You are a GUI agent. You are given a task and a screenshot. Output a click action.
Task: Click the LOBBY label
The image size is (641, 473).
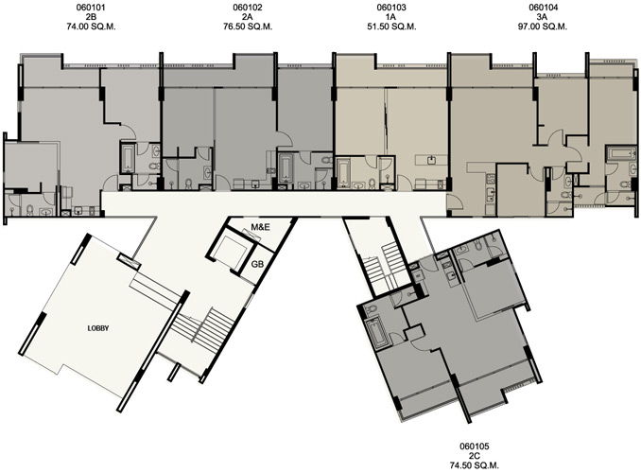(x=98, y=328)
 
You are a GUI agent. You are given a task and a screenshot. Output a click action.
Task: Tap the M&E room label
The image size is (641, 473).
(x=260, y=227)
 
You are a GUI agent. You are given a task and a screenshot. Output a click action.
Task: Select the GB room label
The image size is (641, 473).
(x=257, y=264)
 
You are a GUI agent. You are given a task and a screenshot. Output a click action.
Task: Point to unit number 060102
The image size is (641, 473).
(x=248, y=8)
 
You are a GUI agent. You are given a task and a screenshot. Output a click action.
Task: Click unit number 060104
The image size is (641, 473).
(x=544, y=8)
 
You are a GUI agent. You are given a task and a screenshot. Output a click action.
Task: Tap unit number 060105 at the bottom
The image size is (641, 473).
(x=475, y=446)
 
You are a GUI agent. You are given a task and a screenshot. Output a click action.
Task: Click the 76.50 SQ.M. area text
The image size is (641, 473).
(x=248, y=27)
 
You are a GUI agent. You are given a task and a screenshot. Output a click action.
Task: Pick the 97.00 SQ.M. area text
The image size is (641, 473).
(x=544, y=27)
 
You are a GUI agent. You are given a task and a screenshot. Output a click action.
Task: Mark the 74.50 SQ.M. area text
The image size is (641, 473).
(x=475, y=465)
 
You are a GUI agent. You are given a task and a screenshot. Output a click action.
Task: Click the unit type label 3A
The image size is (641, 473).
(x=544, y=17)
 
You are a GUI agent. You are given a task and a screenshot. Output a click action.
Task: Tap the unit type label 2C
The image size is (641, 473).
(x=475, y=456)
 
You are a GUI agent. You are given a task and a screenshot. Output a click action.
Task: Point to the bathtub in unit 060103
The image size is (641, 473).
(x=344, y=174)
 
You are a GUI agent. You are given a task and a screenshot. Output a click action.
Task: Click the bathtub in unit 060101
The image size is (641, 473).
(x=127, y=158)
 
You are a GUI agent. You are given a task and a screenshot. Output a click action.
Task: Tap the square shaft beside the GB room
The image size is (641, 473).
(x=229, y=252)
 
